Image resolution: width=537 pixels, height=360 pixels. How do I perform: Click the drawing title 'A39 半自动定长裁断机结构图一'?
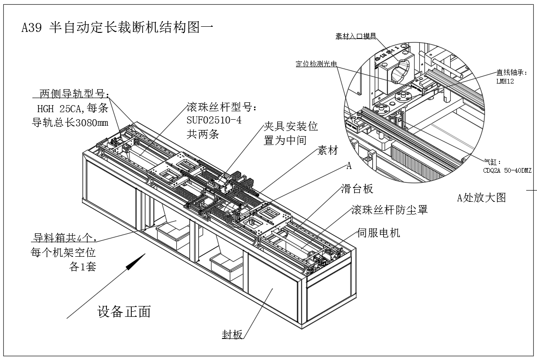[x=118, y=28]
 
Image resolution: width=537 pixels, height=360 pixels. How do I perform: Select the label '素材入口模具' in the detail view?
[x=356, y=36]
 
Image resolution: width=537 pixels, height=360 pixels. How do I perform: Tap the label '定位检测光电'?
[x=316, y=64]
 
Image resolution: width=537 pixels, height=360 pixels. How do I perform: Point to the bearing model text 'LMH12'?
[x=505, y=81]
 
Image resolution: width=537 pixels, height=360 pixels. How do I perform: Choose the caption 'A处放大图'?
[x=482, y=197]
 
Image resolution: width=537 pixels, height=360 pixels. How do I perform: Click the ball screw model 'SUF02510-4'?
[x=214, y=120]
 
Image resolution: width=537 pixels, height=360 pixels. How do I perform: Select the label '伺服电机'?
[x=378, y=232]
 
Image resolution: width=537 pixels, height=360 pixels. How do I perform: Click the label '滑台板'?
[x=356, y=189]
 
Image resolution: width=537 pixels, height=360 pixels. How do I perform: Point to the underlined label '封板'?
[x=232, y=335]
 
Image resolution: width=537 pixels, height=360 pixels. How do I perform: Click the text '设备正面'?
[x=124, y=312]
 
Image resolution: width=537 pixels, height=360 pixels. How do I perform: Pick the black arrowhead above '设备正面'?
[x=135, y=261]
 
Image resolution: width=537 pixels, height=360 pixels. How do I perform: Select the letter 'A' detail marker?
[x=348, y=166]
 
